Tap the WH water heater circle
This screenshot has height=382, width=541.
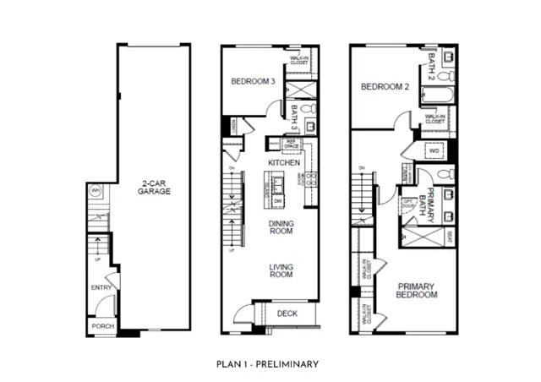click(x=96, y=190)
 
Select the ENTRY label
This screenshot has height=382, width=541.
click(x=101, y=288)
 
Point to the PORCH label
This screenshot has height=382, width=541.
click(x=101, y=325)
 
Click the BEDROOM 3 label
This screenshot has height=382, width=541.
click(x=253, y=82)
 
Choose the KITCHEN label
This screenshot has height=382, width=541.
click(x=284, y=161)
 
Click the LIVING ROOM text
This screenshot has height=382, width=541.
click(x=281, y=270)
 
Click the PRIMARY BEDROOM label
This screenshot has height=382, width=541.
click(x=417, y=291)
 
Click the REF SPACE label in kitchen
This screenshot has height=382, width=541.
click(x=291, y=144)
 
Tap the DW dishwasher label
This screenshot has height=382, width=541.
click(x=277, y=200)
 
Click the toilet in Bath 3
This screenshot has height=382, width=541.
click(x=309, y=110)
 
